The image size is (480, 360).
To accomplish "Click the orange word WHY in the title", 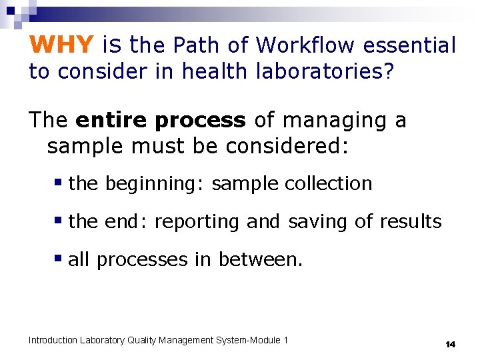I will [61, 45].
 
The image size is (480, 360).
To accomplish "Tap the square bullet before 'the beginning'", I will [59, 182].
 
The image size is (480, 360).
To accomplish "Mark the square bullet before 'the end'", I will [59, 220].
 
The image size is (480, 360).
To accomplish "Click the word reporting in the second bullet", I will [197, 221].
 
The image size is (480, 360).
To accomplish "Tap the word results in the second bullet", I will [411, 221].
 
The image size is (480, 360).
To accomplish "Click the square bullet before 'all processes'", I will [59, 258].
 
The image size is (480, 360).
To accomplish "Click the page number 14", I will [450, 344].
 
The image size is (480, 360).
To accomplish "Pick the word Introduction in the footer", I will [53, 340].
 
